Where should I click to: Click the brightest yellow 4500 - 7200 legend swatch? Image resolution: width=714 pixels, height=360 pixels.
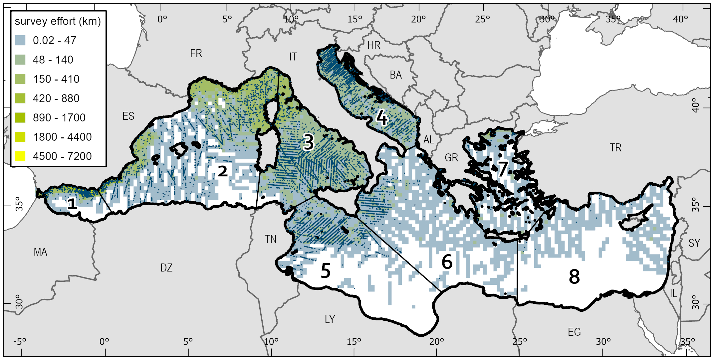[20, 156]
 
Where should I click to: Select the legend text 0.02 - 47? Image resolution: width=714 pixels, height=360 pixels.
[55, 40]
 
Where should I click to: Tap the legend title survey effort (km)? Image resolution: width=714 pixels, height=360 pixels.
[58, 21]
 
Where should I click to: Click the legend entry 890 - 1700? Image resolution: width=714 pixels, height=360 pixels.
[59, 117]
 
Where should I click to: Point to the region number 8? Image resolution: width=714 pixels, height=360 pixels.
[574, 277]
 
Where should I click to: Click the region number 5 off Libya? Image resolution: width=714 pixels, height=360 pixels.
[326, 270]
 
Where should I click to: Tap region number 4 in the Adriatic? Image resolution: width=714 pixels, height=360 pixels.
[382, 118]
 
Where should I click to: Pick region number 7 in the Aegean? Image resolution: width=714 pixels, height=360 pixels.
[503, 169]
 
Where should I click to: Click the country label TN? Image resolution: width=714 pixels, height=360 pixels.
[271, 239]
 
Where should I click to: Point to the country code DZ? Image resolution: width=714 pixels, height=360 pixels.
[166, 268]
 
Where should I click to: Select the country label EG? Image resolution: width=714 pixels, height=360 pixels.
[574, 332]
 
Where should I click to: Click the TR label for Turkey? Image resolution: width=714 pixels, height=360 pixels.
[615, 148]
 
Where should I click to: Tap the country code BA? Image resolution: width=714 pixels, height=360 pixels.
[396, 75]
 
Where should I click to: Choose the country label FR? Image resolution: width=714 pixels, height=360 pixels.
[196, 53]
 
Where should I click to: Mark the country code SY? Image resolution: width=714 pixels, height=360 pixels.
[694, 243]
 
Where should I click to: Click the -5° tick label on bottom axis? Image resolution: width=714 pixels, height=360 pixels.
[20, 342]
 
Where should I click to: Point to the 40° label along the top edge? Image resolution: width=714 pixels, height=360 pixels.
[680, 19]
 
